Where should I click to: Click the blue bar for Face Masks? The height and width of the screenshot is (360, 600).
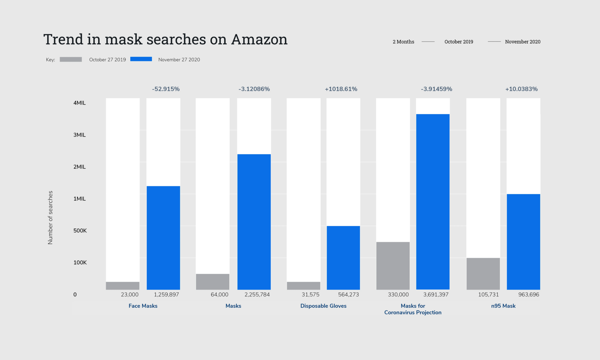click(x=163, y=237)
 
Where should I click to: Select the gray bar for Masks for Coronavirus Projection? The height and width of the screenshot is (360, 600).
click(x=393, y=266)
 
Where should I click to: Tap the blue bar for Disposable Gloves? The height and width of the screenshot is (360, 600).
click(x=343, y=257)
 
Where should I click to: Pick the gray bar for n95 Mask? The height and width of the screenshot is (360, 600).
click(x=483, y=273)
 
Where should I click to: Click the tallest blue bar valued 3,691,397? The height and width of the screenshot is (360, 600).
click(x=433, y=202)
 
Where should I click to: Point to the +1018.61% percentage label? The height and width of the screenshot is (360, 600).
click(x=341, y=89)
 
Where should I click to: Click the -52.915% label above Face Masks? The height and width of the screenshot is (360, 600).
click(x=166, y=89)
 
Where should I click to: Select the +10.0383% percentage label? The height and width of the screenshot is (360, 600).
click(x=521, y=89)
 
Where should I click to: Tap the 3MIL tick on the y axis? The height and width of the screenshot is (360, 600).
click(x=79, y=135)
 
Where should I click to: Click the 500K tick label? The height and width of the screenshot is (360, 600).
click(x=80, y=231)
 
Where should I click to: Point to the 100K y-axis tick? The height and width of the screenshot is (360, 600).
click(x=80, y=262)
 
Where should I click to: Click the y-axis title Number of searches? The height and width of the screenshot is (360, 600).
click(x=50, y=217)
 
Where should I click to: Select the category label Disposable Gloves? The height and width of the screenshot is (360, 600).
click(x=323, y=306)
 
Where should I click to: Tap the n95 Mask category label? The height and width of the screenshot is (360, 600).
click(x=503, y=306)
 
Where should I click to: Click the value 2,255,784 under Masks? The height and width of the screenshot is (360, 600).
click(x=257, y=294)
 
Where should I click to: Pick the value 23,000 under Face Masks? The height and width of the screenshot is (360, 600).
click(x=129, y=294)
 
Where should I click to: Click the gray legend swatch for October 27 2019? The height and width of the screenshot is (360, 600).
click(x=71, y=59)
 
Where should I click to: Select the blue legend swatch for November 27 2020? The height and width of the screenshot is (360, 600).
click(x=141, y=59)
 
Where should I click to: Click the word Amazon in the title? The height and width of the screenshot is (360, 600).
click(x=259, y=40)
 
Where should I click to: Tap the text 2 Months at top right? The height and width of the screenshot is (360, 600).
click(x=403, y=42)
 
